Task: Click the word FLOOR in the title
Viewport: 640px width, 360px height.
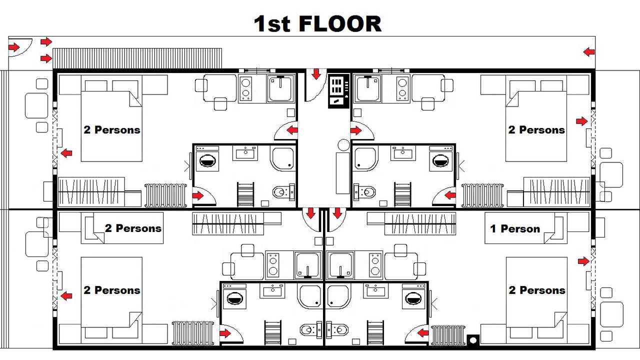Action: click(x=340, y=23)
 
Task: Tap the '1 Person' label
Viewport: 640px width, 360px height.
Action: click(x=515, y=229)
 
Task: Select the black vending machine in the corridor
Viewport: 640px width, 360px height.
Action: click(x=339, y=91)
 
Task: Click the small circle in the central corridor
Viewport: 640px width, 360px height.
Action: click(x=343, y=145)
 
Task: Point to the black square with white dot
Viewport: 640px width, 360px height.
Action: click(x=473, y=340)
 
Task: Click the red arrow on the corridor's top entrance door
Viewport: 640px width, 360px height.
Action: click(x=316, y=73)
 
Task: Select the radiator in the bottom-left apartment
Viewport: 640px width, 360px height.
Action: click(x=193, y=333)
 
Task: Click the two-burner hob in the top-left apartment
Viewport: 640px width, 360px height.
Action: click(x=245, y=88)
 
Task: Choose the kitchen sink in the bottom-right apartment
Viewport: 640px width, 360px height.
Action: click(x=340, y=266)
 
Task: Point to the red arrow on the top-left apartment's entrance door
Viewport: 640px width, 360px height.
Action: click(x=292, y=130)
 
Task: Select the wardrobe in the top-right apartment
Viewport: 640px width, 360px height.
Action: click(x=557, y=192)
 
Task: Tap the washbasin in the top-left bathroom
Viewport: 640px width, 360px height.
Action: click(x=245, y=153)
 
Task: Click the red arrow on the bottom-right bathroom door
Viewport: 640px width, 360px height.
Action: click(x=423, y=333)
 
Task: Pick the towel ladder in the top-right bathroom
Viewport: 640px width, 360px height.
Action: click(x=403, y=194)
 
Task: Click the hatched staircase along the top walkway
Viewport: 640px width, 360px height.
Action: click(x=137, y=58)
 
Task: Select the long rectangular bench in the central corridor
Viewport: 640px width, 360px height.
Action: click(x=343, y=173)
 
